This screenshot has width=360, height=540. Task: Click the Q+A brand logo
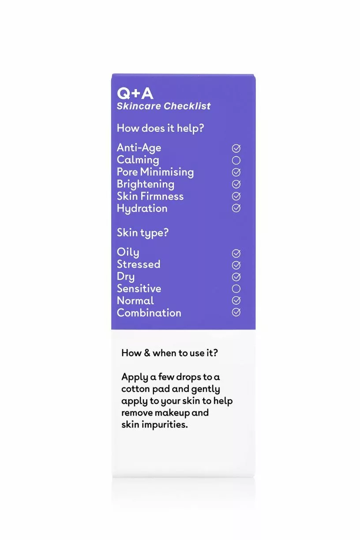click(x=135, y=93)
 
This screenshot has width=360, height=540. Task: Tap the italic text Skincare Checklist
click(x=164, y=106)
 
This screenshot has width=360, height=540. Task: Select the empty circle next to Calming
click(x=236, y=160)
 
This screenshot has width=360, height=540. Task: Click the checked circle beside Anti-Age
click(x=236, y=148)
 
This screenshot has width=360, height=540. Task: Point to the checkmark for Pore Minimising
click(x=236, y=172)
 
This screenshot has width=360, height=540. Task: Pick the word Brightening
click(x=145, y=184)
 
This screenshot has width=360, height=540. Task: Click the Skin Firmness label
click(x=150, y=196)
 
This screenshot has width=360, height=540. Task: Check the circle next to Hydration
click(x=236, y=208)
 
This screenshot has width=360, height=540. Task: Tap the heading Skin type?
click(x=142, y=232)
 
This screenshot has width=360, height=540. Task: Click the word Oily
click(x=128, y=253)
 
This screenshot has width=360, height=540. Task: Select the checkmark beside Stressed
click(x=236, y=265)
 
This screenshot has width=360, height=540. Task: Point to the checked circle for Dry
click(x=236, y=277)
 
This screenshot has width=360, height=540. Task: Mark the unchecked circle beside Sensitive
click(x=236, y=289)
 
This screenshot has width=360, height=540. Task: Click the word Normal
click(x=135, y=301)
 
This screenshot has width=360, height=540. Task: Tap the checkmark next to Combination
click(x=236, y=312)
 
